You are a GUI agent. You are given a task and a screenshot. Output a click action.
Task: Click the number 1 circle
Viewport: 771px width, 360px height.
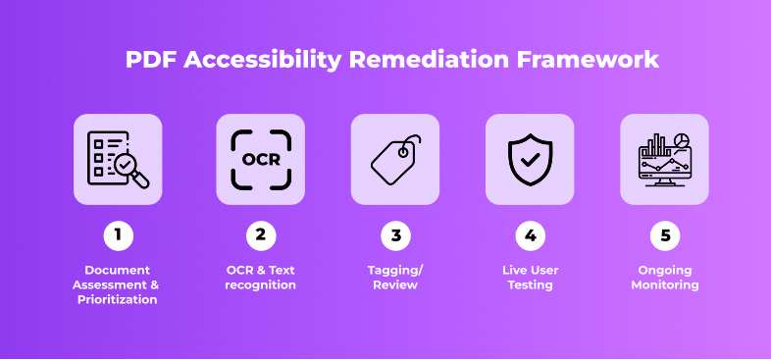(118, 235)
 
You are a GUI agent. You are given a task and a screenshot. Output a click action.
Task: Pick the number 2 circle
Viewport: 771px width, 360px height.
(261, 235)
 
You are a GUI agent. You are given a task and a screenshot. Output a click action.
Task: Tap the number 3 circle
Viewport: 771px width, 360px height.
(395, 235)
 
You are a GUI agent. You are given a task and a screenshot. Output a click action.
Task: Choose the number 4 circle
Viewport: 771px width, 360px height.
(530, 235)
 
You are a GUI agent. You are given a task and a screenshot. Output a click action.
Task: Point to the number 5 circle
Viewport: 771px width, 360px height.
(664, 235)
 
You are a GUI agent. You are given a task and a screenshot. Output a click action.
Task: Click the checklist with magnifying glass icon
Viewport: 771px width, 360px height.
(118, 159)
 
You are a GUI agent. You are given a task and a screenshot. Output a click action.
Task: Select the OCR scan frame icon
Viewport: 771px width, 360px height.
(261, 159)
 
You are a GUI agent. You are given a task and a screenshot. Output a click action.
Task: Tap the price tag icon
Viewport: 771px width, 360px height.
(395, 159)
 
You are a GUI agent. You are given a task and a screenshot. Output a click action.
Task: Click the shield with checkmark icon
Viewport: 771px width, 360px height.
(530, 159)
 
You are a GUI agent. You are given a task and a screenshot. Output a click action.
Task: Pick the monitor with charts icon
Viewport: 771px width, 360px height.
(664, 159)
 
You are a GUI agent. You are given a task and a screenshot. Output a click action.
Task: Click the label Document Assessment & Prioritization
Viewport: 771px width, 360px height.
(118, 284)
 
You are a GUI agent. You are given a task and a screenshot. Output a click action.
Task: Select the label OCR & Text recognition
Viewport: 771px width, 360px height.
(261, 278)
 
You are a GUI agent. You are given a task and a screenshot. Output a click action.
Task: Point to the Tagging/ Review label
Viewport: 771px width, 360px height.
(395, 278)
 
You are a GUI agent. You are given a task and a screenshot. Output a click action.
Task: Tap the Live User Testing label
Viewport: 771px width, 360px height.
(530, 278)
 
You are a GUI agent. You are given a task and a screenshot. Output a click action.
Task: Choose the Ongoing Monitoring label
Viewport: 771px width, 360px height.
(664, 278)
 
